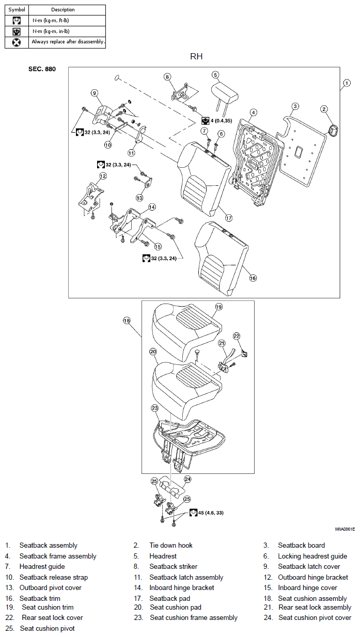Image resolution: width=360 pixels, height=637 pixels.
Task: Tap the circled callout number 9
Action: pos(94,93)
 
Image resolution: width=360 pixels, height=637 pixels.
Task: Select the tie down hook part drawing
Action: pos(333,130)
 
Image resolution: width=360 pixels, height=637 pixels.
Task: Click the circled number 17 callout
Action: pos(229,218)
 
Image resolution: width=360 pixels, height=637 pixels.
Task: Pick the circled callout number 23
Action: pos(154,408)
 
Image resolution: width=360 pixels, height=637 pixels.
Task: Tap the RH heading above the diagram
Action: pos(196,56)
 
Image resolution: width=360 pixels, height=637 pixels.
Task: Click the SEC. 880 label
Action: pos(42,69)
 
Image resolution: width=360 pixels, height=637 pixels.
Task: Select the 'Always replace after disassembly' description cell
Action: pos(67,42)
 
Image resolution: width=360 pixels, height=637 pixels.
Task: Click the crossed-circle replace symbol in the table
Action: pos(17,42)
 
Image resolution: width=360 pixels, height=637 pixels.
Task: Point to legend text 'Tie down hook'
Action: pos(171,545)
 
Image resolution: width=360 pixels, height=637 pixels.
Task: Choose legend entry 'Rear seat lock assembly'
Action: pos(315,607)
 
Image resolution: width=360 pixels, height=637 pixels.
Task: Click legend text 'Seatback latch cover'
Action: pos(309,566)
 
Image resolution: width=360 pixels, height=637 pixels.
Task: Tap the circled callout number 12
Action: pos(103,176)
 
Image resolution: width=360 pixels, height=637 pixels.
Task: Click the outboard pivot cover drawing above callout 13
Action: pos(148,182)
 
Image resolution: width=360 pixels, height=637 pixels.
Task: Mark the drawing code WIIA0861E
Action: pos(345,529)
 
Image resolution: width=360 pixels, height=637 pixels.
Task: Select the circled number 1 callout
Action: pos(347,83)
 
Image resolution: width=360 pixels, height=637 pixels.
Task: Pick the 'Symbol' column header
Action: pos(17,10)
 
